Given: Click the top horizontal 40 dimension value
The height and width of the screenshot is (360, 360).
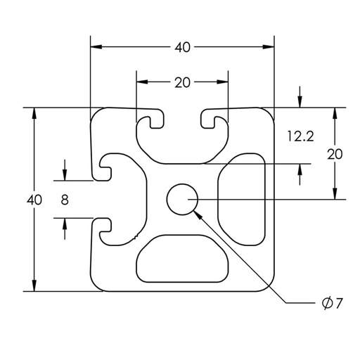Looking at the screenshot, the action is [x=182, y=48].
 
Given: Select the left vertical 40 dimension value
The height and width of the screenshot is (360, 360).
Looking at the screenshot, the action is [x=34, y=200].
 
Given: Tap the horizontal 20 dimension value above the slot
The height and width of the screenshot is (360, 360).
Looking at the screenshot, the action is [x=182, y=83].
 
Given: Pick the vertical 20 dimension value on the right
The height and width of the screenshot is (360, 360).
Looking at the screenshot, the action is [x=335, y=155].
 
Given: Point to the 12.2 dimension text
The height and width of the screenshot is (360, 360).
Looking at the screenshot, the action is [x=301, y=136].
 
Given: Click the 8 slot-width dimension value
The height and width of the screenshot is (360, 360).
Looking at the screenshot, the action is [x=65, y=200].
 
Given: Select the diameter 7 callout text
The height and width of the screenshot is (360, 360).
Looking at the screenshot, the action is [x=333, y=303].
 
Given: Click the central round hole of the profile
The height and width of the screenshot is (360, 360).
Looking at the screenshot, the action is [x=182, y=200].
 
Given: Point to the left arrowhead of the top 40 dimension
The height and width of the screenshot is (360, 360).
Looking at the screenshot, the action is [x=96, y=47].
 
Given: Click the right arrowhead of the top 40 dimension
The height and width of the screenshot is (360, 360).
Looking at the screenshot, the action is [x=269, y=47].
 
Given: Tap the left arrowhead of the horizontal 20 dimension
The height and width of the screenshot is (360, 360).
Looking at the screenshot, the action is [x=142, y=82].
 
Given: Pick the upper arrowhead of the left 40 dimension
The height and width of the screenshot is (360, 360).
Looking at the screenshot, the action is [x=34, y=113].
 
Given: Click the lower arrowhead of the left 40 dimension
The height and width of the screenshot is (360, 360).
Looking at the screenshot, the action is [x=34, y=285].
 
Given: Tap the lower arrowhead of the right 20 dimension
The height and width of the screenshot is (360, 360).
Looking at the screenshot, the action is [x=335, y=193].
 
